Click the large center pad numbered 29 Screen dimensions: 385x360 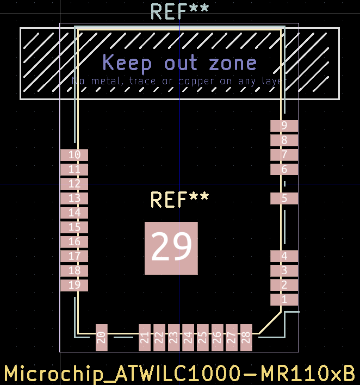click(171, 248)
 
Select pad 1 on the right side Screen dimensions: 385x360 click(284, 300)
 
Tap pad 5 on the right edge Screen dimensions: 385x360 click(284, 198)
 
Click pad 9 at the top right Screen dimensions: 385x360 click(284, 126)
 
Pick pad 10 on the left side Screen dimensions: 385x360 click(74, 155)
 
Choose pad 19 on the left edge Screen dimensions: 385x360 click(74, 285)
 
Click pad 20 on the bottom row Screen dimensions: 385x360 click(101, 337)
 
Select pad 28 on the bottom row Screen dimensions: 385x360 click(246, 337)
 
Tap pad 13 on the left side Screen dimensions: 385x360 click(74, 198)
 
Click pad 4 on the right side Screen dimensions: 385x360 click(284, 256)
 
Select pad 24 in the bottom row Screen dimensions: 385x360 click(188, 337)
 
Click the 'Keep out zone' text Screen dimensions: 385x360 click(179, 63)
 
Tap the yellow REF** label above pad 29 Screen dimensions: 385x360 click(179, 200)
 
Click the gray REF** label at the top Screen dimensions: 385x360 click(179, 11)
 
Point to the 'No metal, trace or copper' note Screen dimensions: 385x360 click(179, 81)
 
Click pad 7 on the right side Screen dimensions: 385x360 click(284, 155)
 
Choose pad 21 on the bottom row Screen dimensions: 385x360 click(145, 337)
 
